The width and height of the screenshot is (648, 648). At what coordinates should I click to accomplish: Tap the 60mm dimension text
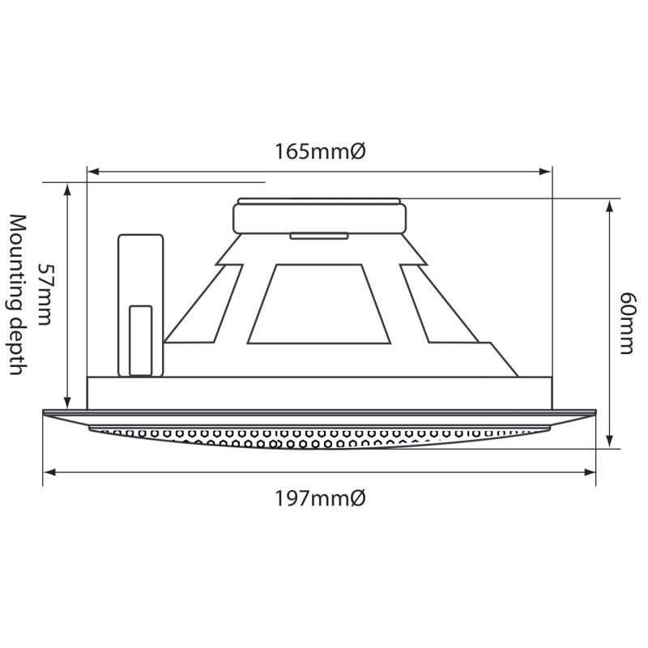click(625, 323)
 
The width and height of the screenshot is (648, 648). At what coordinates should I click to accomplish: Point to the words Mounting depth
click(17, 295)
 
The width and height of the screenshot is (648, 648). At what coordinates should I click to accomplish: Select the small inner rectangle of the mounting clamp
click(141, 340)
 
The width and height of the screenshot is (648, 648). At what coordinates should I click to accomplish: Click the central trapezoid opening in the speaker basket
click(317, 304)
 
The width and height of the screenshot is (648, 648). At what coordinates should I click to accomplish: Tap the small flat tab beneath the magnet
click(319, 237)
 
